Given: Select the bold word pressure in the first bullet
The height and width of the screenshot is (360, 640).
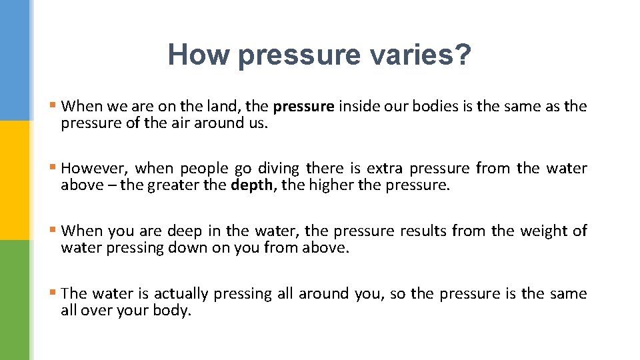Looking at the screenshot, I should [303, 106].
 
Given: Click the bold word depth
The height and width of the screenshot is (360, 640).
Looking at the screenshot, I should [251, 185].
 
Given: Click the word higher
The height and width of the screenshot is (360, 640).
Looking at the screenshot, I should [331, 185].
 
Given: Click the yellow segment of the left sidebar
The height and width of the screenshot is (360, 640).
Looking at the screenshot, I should [15, 180].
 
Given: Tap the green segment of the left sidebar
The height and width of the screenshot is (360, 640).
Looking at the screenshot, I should [15, 300].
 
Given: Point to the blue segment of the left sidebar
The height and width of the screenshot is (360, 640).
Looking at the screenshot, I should [15, 60].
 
